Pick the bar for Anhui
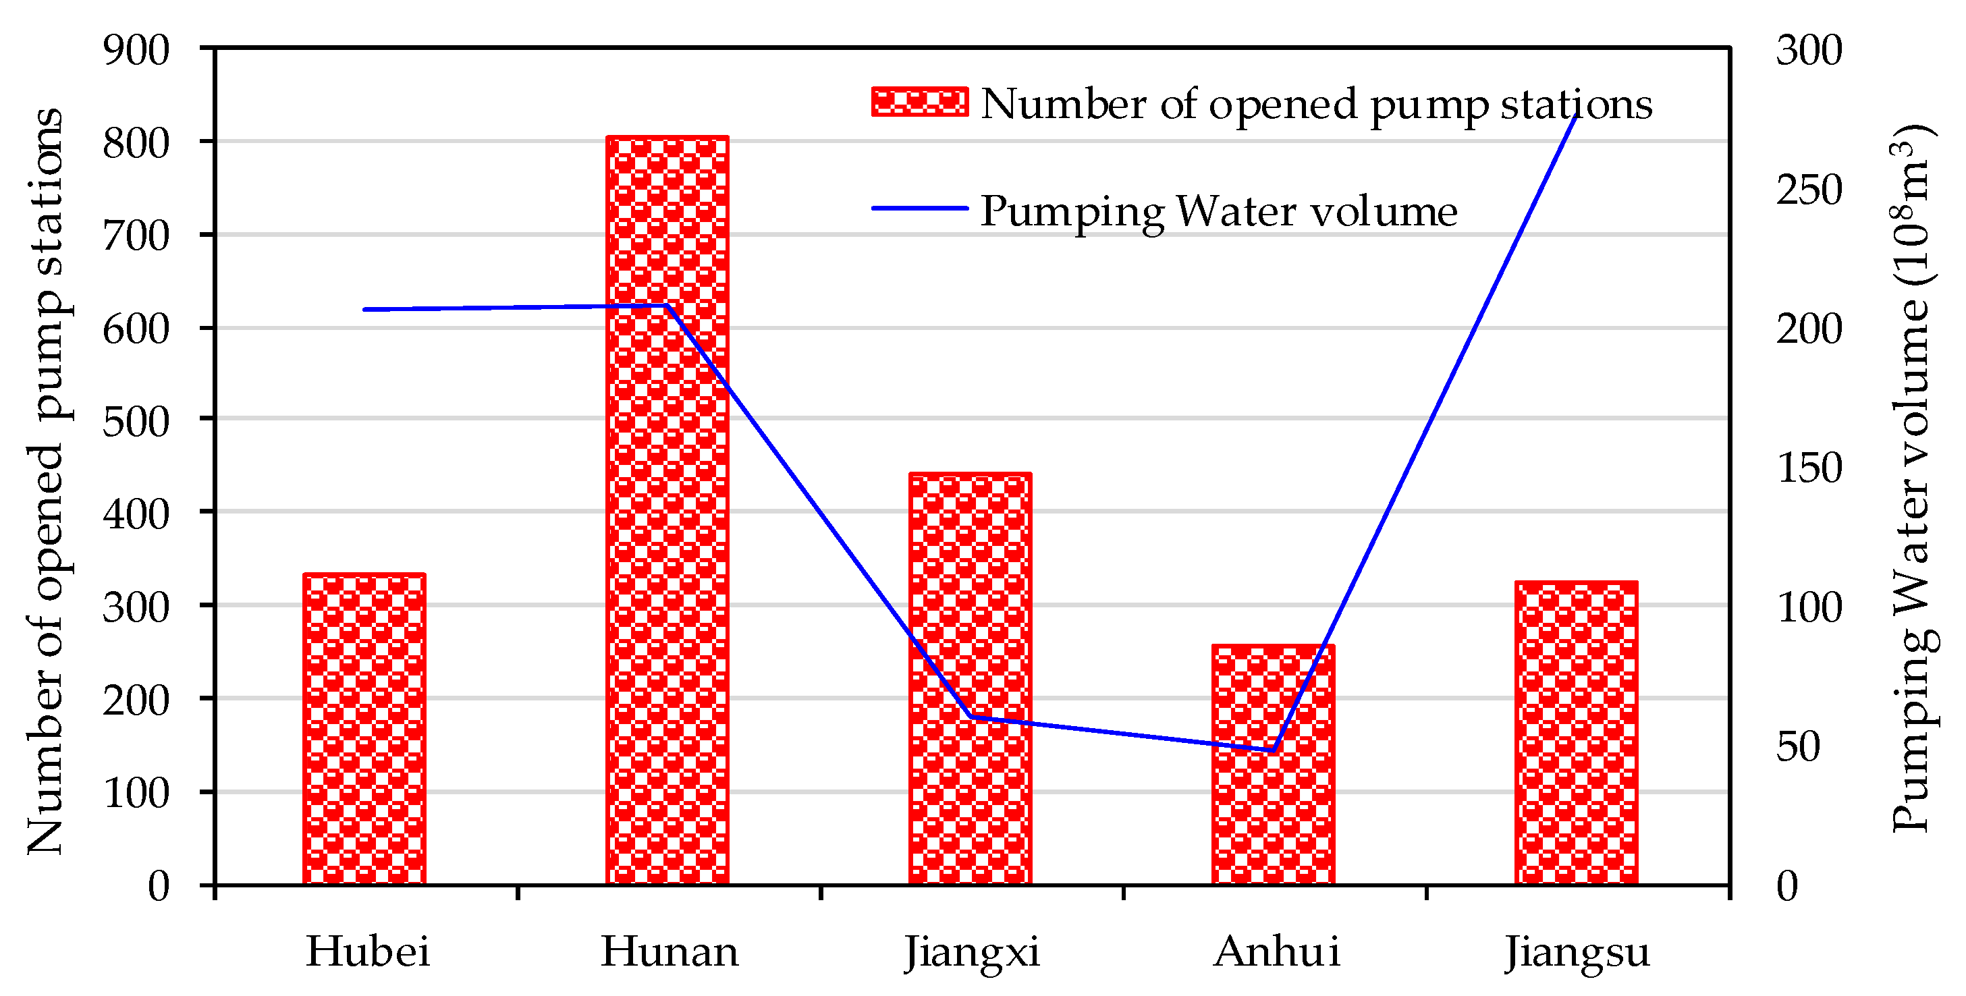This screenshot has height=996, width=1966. click(1273, 764)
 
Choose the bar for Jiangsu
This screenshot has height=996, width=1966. click(1576, 733)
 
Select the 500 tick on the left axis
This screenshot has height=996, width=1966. click(136, 421)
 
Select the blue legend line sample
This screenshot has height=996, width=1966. click(920, 208)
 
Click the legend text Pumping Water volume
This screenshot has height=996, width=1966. click(1218, 211)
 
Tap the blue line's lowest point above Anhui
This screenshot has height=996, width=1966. click(1273, 751)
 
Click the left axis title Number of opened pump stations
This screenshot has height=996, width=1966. click(46, 481)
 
